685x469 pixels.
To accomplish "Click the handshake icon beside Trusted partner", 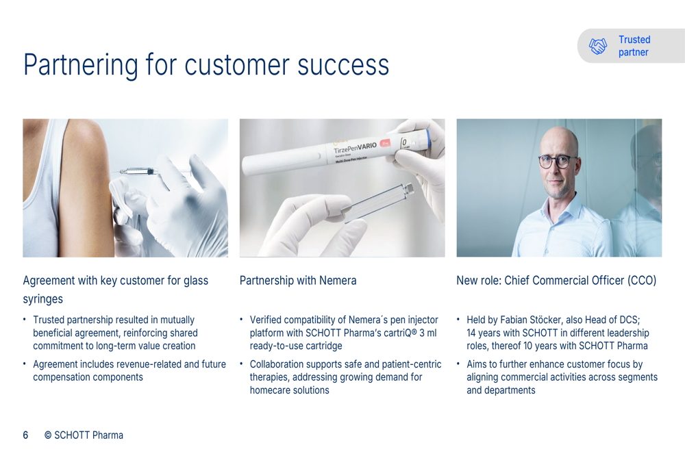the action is coord(597,46).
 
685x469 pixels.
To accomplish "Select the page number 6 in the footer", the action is coord(26,435).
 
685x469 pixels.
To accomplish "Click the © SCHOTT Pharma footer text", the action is coord(84,435).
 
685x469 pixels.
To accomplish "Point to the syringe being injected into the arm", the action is coord(139,171).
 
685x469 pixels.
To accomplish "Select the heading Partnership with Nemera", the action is coord(298,280).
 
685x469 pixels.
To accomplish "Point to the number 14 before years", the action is coord(471,333).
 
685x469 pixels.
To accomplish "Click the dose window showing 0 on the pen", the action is coord(404,143).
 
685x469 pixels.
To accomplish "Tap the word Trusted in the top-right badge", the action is coord(634,40).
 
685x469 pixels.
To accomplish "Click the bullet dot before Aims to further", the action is coord(458,364).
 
